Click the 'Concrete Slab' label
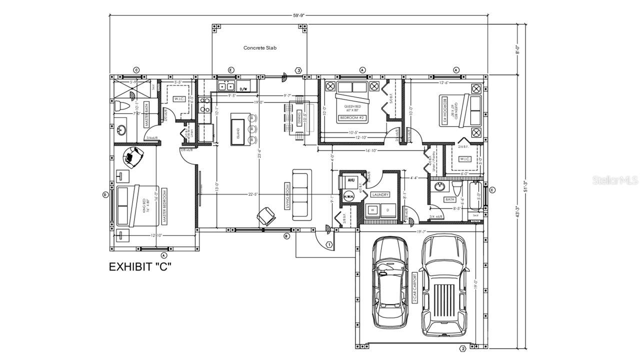click(260, 48)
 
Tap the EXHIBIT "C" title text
click(140, 267)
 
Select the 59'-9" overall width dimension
click(299, 15)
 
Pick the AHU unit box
click(350, 180)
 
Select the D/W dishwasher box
click(244, 88)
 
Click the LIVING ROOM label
click(287, 195)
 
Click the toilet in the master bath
click(121, 106)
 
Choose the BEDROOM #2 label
click(352, 117)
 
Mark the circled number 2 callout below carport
click(463, 348)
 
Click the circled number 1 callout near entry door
click(329, 244)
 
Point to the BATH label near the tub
click(449, 199)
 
